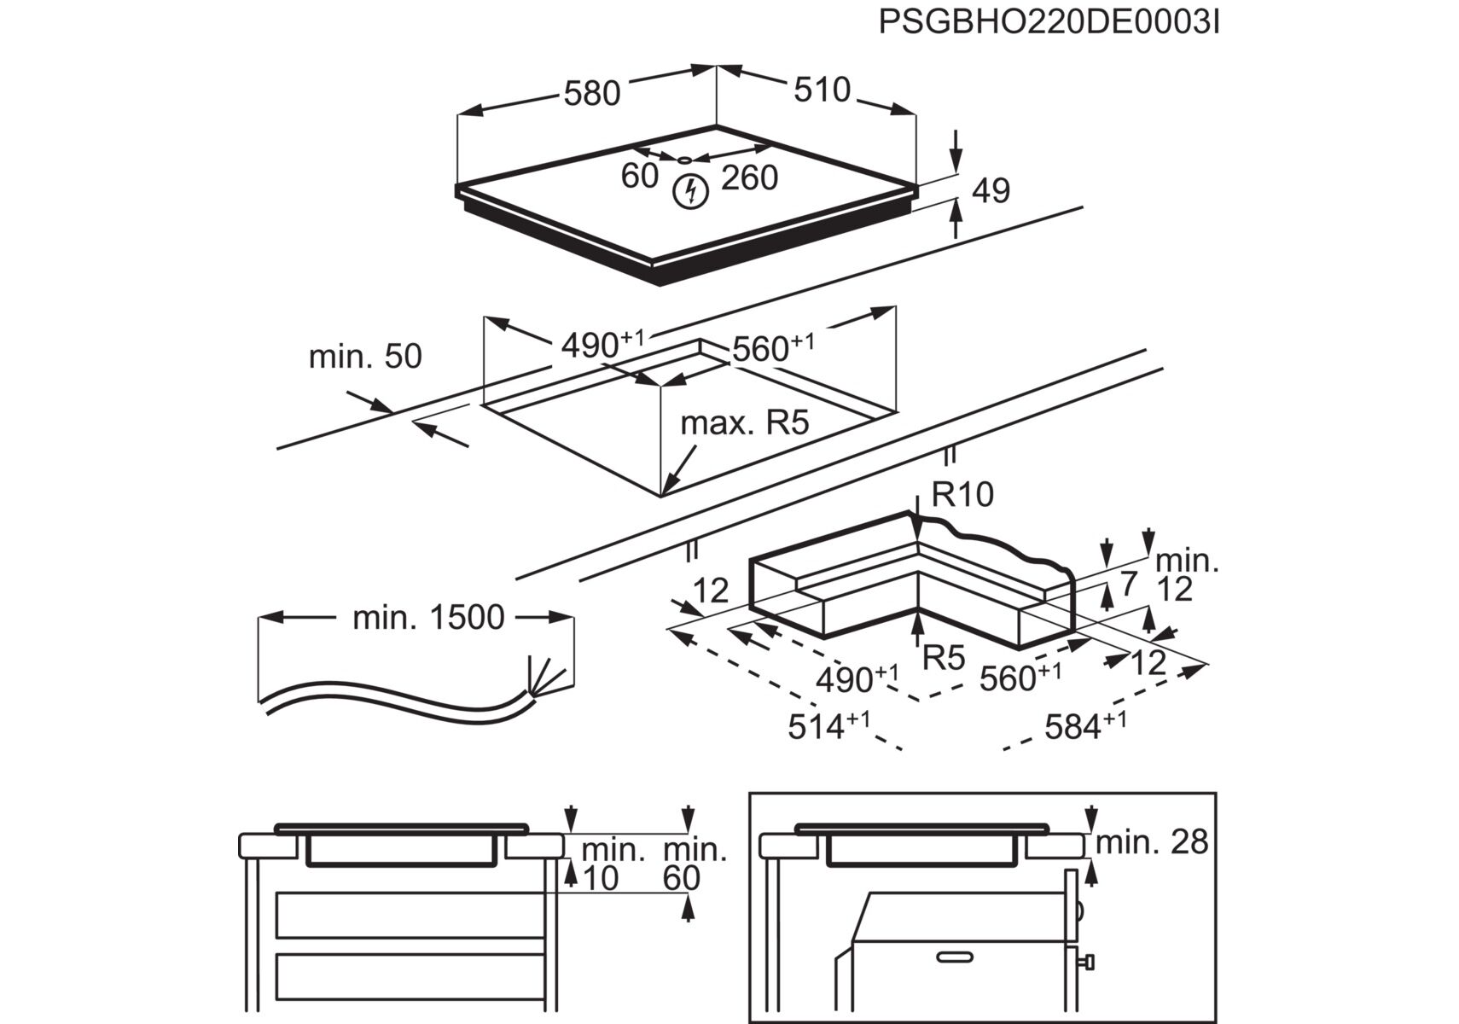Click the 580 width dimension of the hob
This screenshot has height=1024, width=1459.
point(591,93)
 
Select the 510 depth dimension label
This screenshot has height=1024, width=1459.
point(822,90)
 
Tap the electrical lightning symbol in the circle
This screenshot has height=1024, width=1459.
point(690,192)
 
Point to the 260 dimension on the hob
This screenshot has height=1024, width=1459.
point(749,177)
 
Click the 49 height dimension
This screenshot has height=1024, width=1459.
point(990,191)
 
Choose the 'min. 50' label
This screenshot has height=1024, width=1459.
point(365,356)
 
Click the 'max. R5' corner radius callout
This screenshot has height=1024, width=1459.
point(744,422)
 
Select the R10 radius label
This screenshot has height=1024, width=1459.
point(962,494)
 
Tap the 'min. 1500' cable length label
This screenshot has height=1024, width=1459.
point(428,617)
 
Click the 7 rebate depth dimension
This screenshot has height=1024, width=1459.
point(1128,584)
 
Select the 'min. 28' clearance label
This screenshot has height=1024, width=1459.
point(1152,842)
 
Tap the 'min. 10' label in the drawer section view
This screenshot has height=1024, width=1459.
point(613,864)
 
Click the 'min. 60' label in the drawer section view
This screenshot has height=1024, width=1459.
point(694,864)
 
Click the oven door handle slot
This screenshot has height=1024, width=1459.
point(955,957)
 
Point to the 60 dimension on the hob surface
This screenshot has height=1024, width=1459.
point(639,176)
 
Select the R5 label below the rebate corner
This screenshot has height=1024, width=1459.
point(944,658)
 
